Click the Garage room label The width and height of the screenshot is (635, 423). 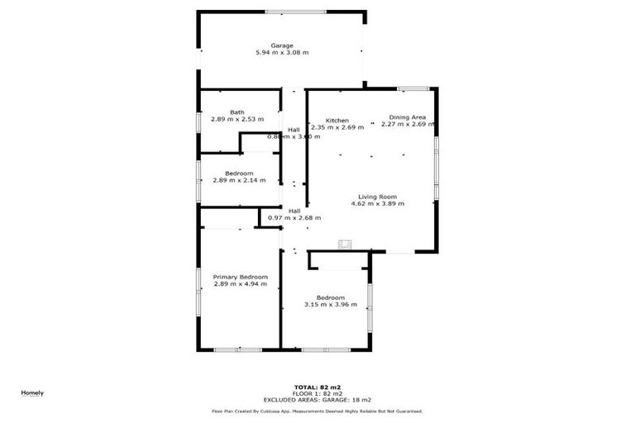[282, 45]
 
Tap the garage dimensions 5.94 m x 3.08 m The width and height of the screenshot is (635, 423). [282, 53]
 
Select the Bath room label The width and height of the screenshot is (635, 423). [237, 112]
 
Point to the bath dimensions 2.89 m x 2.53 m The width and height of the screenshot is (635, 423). [237, 120]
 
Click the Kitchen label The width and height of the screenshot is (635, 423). [337, 121]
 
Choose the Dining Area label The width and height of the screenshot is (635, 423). [408, 118]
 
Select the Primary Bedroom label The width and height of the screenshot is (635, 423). [241, 277]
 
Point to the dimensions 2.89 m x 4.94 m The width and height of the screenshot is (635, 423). [241, 284]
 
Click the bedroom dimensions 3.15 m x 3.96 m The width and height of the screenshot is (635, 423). [331, 304]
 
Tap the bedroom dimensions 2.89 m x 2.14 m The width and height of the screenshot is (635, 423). [239, 180]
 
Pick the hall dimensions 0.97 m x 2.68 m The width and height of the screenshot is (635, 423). [294, 217]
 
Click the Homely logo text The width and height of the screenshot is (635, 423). [32, 392]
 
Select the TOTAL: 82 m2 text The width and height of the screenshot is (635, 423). [317, 387]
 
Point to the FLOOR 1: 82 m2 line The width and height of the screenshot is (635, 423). [317, 393]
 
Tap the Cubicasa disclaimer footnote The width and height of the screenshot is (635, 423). [317, 411]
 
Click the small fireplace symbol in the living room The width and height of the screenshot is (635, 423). [344, 244]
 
